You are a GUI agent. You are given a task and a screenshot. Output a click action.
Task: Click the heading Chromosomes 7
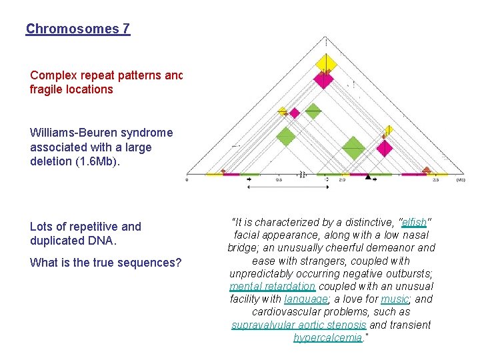[78, 29]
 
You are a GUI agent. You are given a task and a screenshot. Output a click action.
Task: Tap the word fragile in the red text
[48, 89]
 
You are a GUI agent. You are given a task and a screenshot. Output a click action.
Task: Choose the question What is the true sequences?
[105, 263]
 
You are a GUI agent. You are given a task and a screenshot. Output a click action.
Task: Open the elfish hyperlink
[414, 222]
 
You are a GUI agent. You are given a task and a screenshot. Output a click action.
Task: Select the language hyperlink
[305, 299]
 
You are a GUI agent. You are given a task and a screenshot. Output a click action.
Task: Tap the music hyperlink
[393, 299]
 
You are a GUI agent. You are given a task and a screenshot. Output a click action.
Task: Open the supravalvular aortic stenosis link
[299, 325]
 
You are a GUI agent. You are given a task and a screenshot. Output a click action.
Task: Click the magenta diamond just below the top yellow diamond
[323, 80]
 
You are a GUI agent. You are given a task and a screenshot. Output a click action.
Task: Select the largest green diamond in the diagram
[353, 147]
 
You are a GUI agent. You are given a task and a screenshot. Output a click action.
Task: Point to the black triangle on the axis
[367, 177]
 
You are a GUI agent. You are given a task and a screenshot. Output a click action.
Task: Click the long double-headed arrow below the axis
[287, 187]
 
